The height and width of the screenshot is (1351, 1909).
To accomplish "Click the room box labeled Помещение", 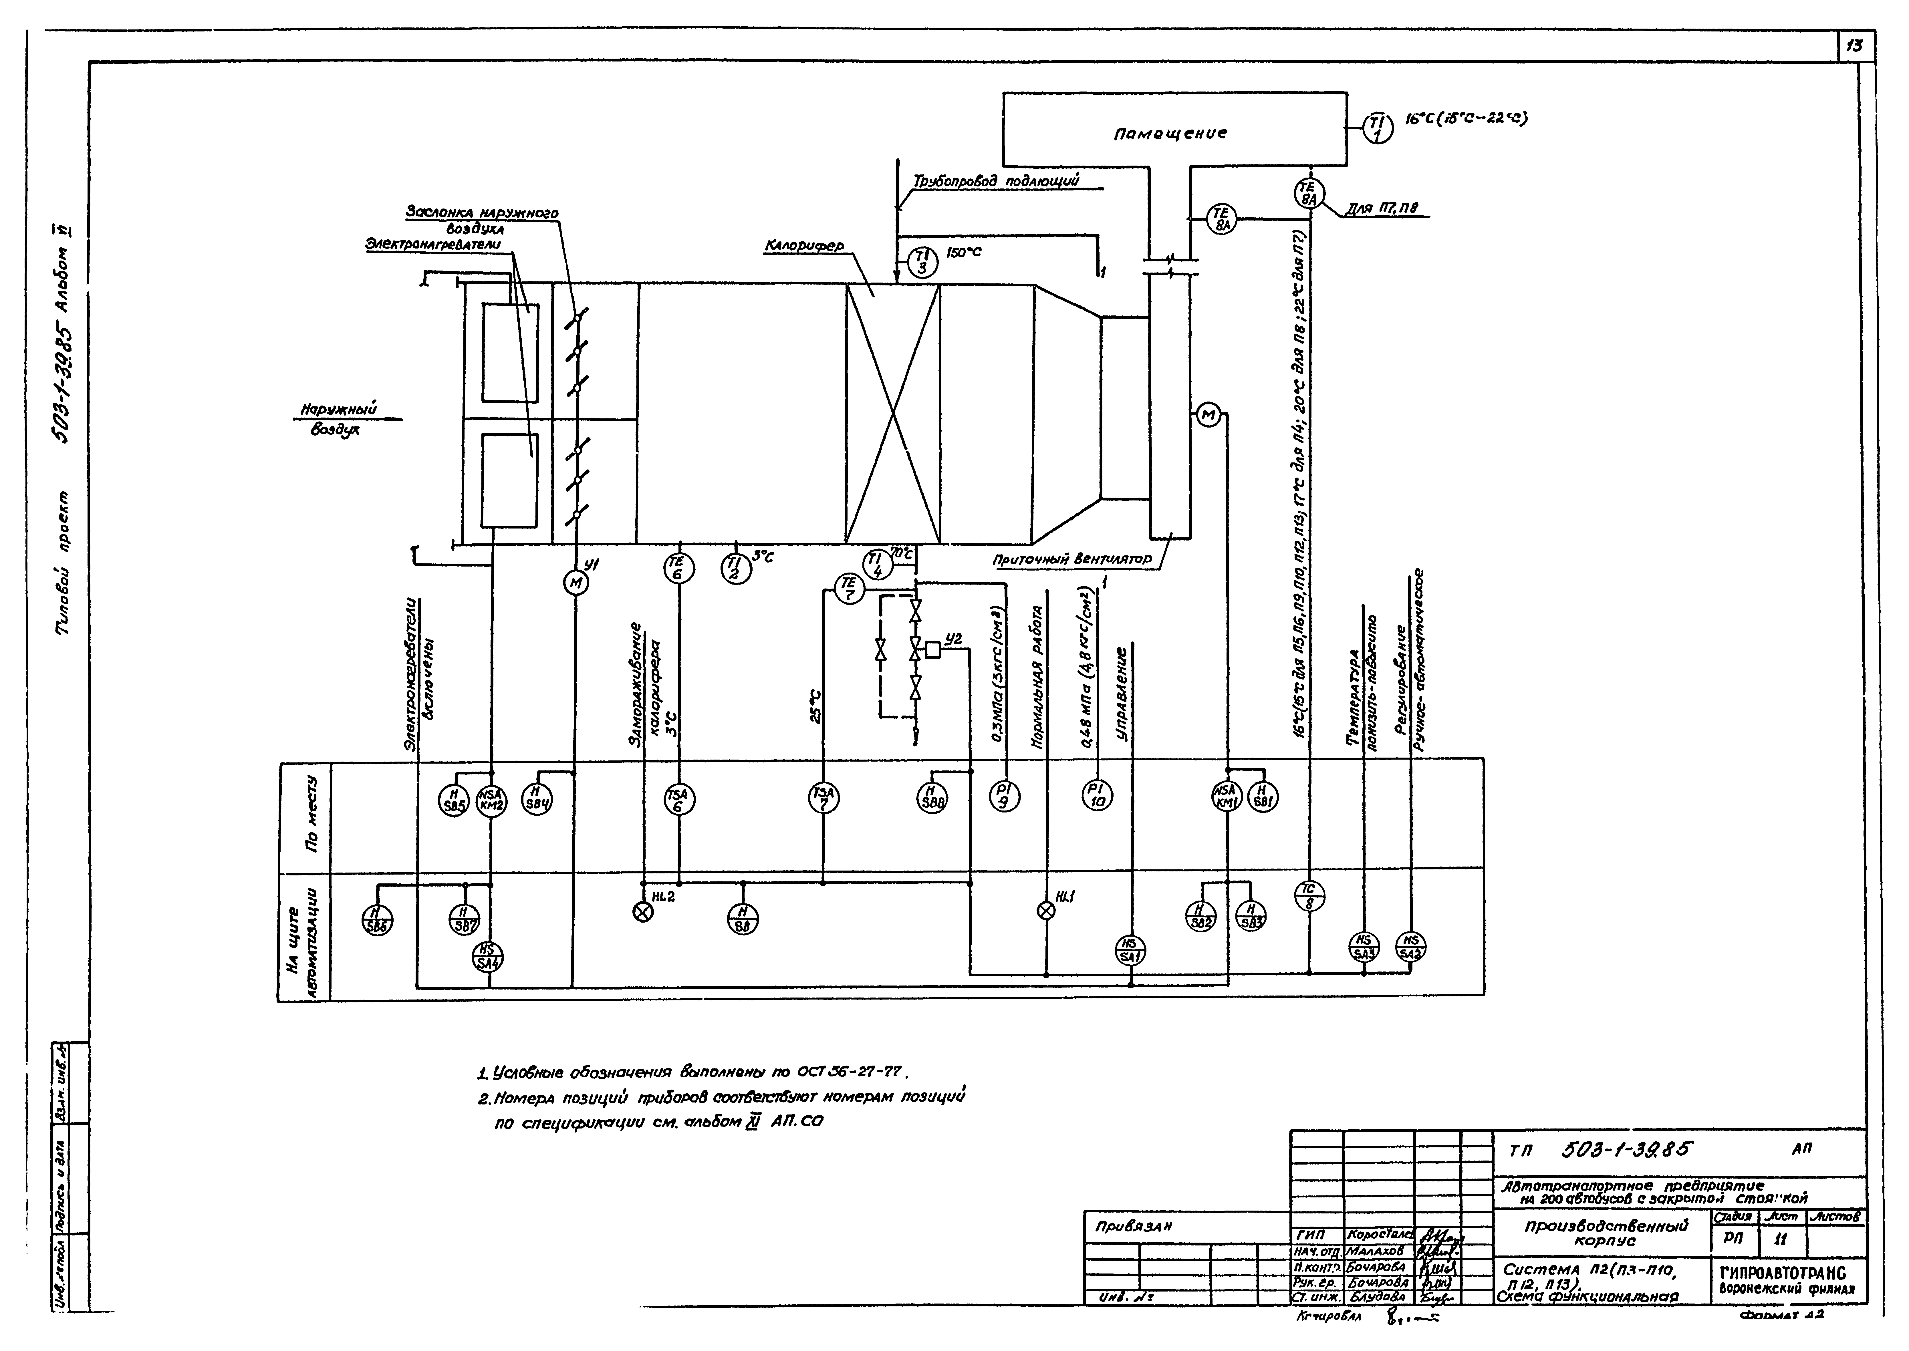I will pos(1173,130).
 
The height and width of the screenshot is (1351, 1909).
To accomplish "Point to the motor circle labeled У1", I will pos(575,583).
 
